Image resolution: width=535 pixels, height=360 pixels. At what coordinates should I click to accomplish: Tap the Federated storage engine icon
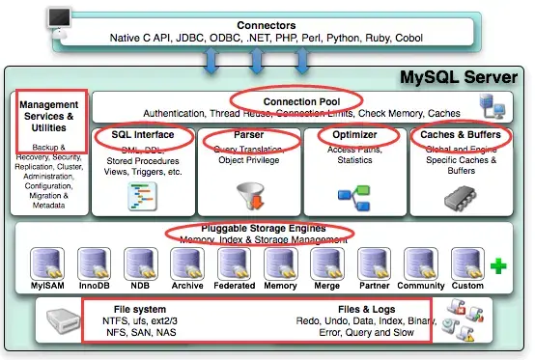pyautogui.click(x=235, y=263)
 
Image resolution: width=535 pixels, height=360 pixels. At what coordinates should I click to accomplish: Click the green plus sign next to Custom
pyautogui.click(x=498, y=264)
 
